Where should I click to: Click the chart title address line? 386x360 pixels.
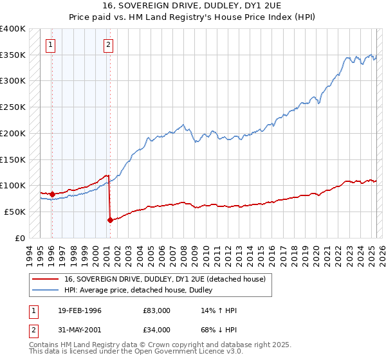(x=193, y=6)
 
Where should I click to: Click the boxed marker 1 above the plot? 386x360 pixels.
(x=50, y=44)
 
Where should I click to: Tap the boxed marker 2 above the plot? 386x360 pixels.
(x=108, y=44)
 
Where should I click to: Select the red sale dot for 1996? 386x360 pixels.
(x=51, y=194)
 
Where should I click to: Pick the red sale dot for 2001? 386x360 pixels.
(x=110, y=220)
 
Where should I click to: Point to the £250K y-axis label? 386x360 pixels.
(x=13, y=107)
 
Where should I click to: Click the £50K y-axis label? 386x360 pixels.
(x=15, y=212)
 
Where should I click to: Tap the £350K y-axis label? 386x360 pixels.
(x=13, y=55)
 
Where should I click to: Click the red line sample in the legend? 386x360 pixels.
(x=46, y=279)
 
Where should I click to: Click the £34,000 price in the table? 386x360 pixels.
(x=157, y=330)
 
